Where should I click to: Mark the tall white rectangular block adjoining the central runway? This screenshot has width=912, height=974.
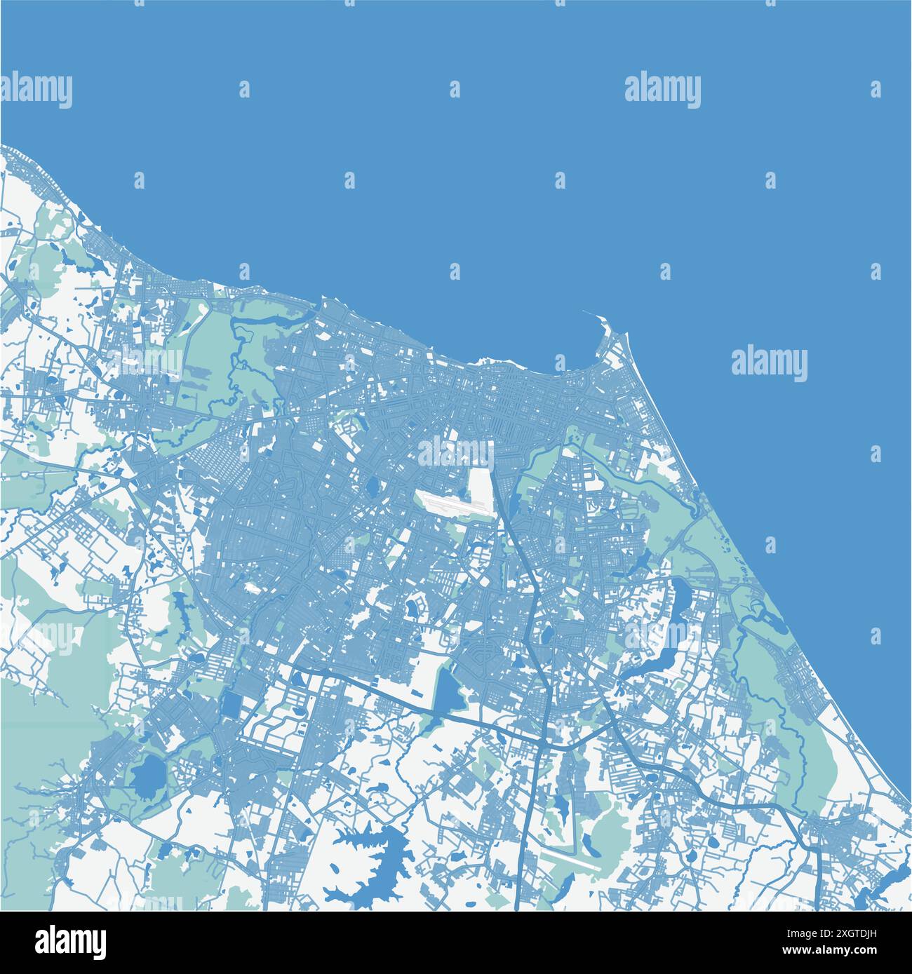[480, 484]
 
